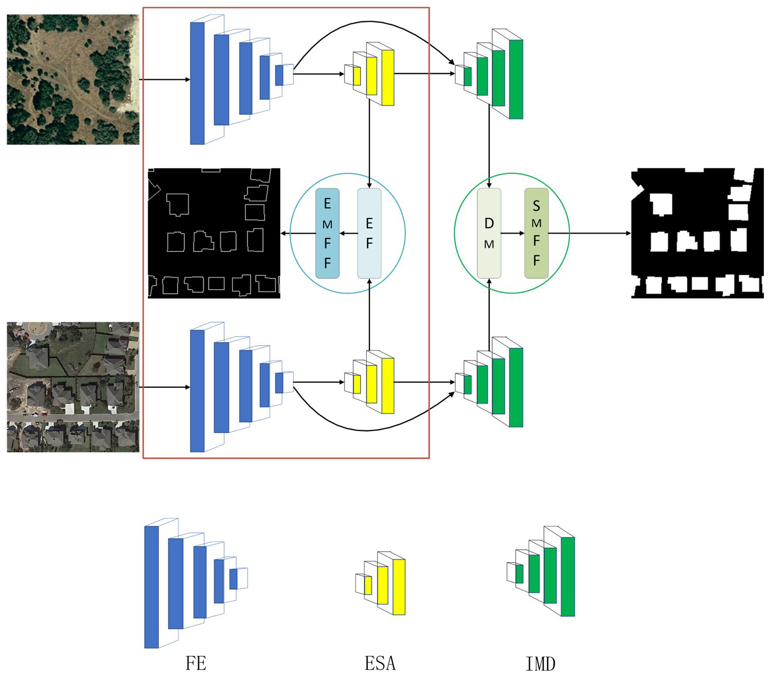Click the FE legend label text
(196, 663)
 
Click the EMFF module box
(327, 233)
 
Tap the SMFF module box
(536, 233)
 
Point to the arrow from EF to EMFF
(348, 233)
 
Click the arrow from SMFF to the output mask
(590, 233)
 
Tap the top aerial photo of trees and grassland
(73, 79)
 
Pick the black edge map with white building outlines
(214, 233)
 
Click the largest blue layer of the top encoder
(197, 83)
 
